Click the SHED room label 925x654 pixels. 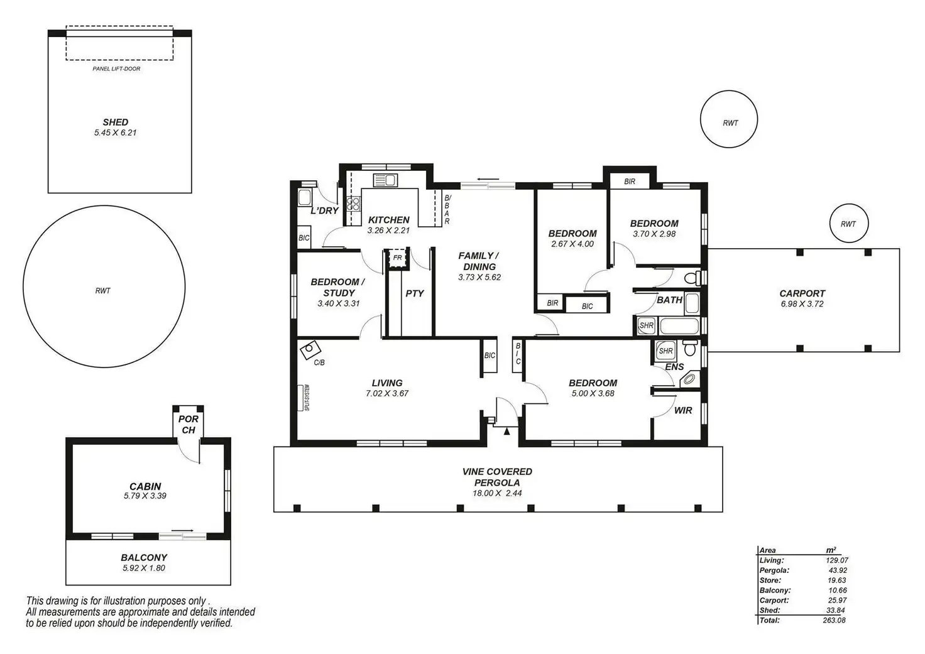[115, 123]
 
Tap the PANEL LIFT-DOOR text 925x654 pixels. [116, 69]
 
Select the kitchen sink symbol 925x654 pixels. [385, 180]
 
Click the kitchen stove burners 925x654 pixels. [353, 204]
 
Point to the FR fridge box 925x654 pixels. [397, 258]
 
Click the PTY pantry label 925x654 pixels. [415, 293]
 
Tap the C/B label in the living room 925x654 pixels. [319, 362]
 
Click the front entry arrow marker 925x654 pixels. [506, 431]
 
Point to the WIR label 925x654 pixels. [683, 410]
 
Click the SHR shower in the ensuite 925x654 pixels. [665, 351]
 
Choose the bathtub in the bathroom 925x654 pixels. [679, 326]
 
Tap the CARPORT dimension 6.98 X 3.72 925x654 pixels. [802, 304]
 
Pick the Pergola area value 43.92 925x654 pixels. [838, 570]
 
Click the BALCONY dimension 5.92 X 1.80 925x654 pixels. [144, 568]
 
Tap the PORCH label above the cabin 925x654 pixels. [189, 425]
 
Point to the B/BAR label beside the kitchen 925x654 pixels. [447, 209]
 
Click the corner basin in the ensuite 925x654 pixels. [689, 379]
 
